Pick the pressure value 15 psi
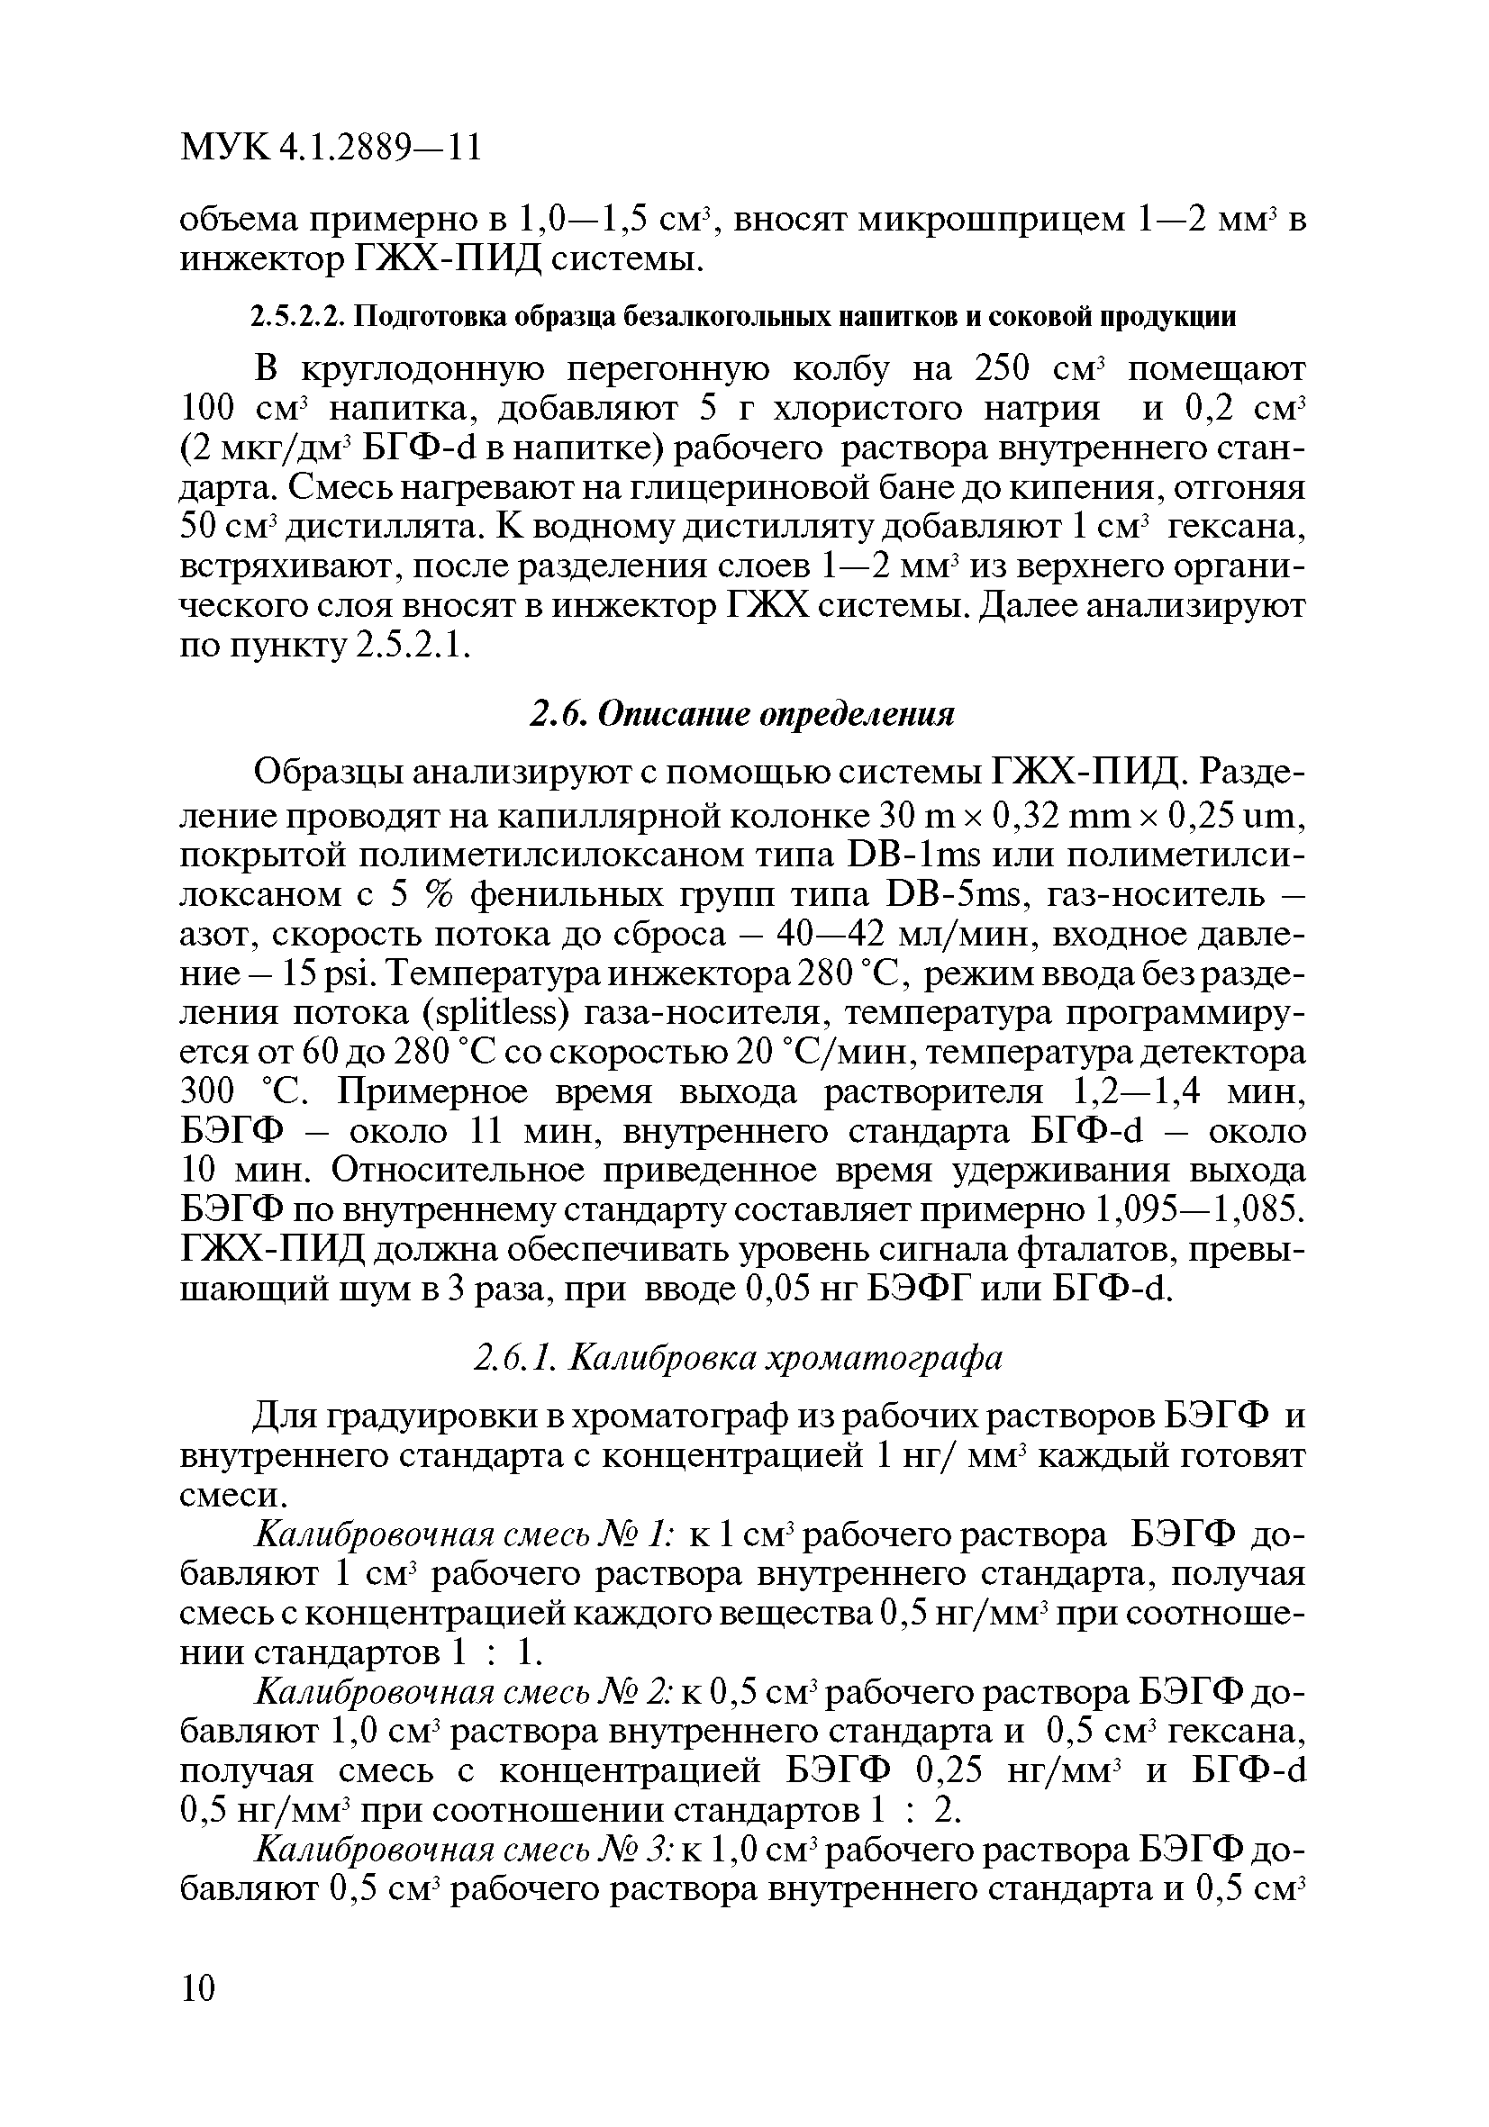pyautogui.click(x=318, y=974)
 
